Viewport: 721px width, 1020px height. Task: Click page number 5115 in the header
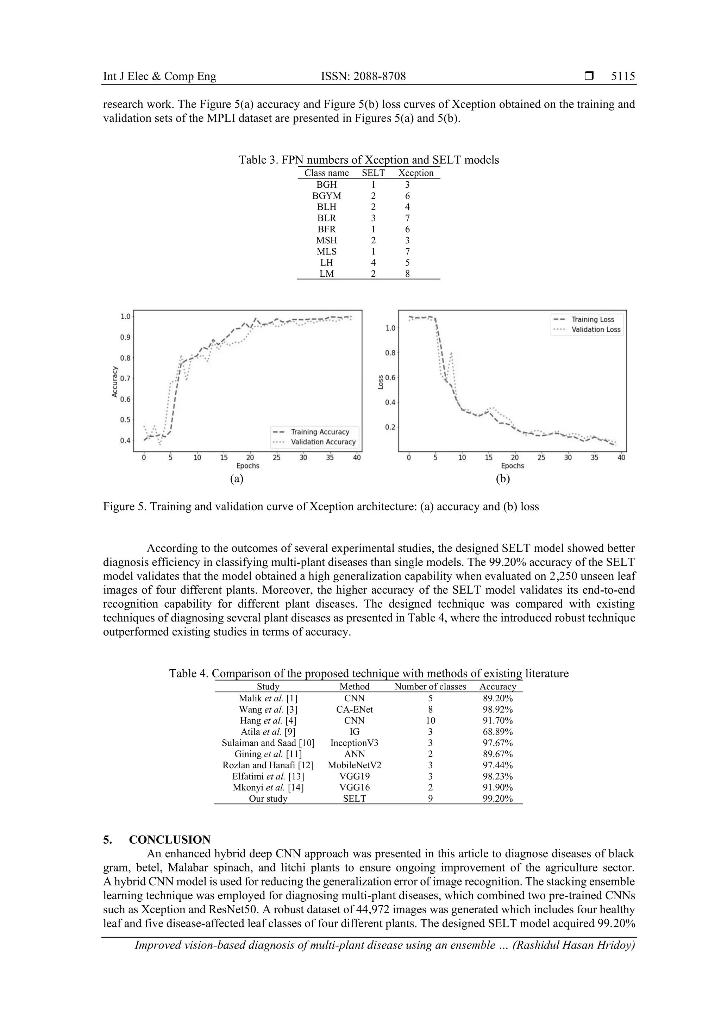pyautogui.click(x=623, y=76)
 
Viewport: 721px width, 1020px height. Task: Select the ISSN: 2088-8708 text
pyautogui.click(x=363, y=76)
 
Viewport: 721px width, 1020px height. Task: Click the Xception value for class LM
pyautogui.click(x=407, y=274)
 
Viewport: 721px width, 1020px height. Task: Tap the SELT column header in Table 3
pyautogui.click(x=373, y=173)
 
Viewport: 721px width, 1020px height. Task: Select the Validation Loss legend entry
pyautogui.click(x=595, y=330)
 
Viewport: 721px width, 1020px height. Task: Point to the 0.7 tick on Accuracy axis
pyautogui.click(x=125, y=378)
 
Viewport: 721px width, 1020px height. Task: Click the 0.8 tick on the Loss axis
pyautogui.click(x=390, y=353)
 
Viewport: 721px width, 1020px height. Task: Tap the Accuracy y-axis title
pyautogui.click(x=115, y=382)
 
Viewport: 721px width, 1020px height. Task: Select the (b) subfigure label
pyautogui.click(x=502, y=478)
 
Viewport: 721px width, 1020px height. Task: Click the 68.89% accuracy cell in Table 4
pyautogui.click(x=497, y=731)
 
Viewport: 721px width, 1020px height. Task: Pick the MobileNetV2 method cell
pyautogui.click(x=354, y=765)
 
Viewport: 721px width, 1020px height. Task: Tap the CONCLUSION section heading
pyautogui.click(x=169, y=840)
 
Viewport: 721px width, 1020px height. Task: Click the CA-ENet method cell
pyautogui.click(x=354, y=709)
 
